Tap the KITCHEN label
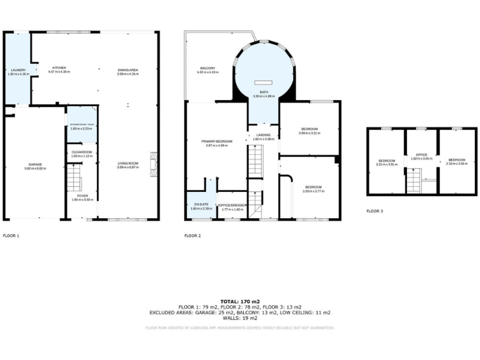coord(59,67)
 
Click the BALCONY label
coord(207,67)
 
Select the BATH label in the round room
coord(264,92)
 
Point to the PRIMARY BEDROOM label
coord(217,142)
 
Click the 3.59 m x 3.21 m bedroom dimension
coord(309,133)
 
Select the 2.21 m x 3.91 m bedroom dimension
coord(386,164)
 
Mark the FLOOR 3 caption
coord(374,211)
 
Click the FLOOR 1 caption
coord(11,236)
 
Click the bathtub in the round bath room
coord(263,82)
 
